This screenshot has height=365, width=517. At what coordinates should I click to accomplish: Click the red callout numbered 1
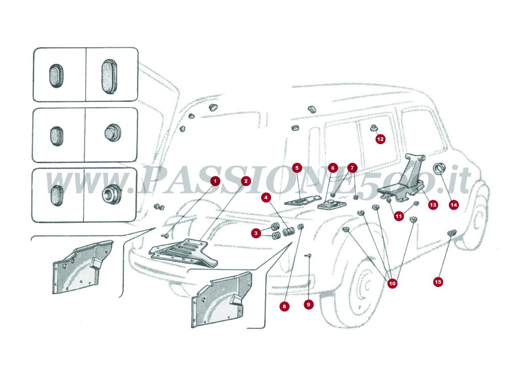[216, 180]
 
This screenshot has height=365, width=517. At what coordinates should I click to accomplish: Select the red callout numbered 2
[245, 180]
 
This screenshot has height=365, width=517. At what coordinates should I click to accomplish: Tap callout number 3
[257, 233]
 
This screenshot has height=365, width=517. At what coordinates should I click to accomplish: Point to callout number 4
[266, 198]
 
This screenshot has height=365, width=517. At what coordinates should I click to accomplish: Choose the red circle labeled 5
[297, 167]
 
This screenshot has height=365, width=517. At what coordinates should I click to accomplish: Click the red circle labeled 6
[332, 167]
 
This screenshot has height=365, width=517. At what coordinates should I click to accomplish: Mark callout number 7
[352, 167]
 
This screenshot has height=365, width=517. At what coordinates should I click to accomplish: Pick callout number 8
[285, 306]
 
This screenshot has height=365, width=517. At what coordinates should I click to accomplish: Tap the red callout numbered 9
[309, 305]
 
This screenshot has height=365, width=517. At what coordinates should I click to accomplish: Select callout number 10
[392, 283]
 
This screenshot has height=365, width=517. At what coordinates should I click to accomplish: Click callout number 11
[399, 216]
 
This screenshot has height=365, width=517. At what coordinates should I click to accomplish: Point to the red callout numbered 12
[380, 139]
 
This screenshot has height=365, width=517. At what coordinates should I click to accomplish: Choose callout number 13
[433, 205]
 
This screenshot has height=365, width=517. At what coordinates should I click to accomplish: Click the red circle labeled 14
[453, 205]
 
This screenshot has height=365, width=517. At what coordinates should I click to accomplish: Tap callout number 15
[438, 282]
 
